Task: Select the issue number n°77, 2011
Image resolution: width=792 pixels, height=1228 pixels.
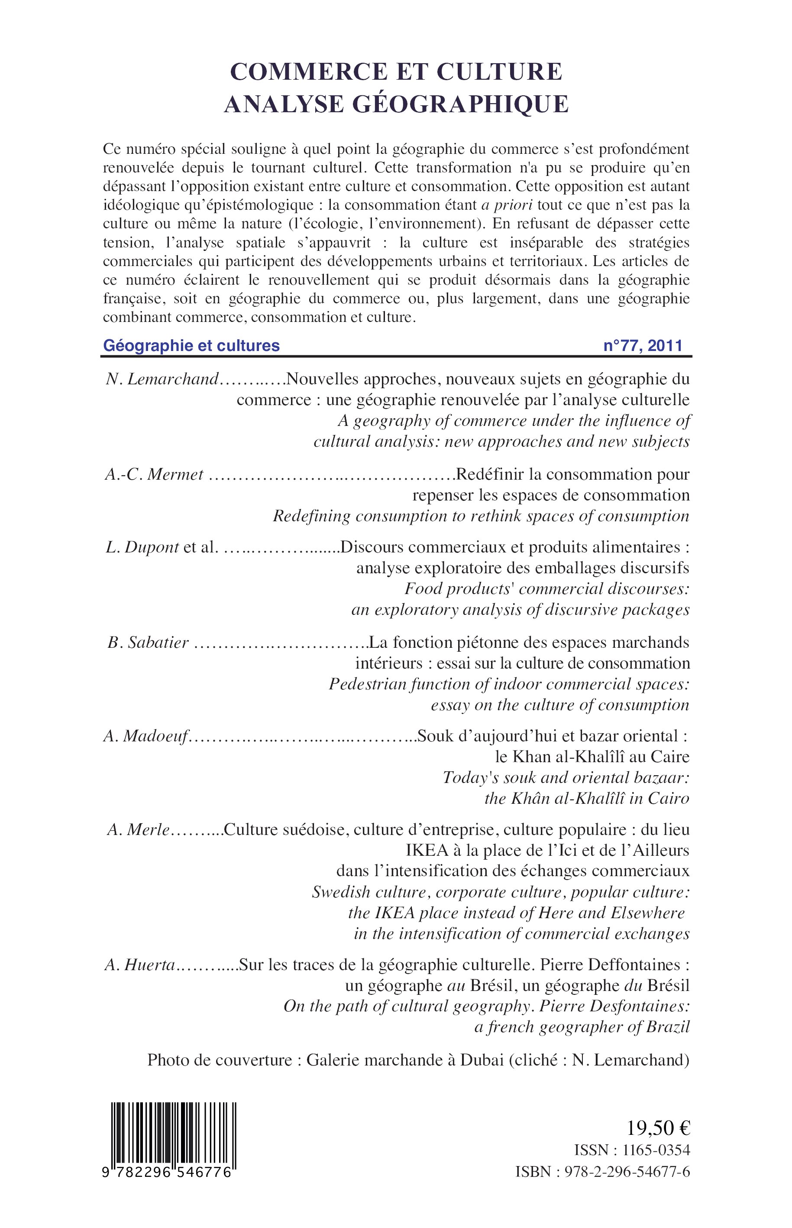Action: [643, 345]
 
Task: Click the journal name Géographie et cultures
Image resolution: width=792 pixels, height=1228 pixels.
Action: [191, 345]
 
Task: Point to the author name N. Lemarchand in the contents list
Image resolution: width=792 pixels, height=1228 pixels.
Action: [162, 379]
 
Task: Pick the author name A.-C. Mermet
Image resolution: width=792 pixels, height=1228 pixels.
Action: [154, 474]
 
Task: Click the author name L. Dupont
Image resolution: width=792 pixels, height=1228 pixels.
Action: [142, 547]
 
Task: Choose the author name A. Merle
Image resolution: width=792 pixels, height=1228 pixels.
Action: [138, 830]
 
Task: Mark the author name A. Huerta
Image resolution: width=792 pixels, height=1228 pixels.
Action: [140, 965]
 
